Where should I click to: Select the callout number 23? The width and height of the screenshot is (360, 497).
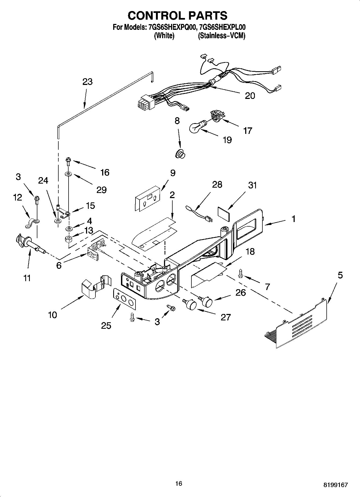87,82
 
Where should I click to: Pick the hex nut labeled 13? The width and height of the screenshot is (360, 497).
69,239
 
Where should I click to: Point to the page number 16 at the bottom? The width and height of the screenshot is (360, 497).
179,484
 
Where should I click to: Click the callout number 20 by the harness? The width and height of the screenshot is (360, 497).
250,96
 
